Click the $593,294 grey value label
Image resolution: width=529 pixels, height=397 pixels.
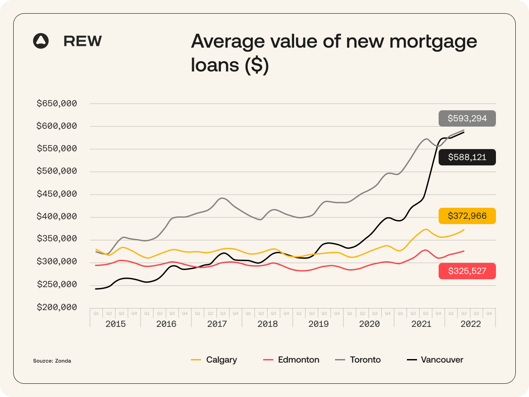[467, 118]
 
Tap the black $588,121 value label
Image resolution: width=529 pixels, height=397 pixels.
[467, 157]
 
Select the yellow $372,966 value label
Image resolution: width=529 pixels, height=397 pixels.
[467, 216]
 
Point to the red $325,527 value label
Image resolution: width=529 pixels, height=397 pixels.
[467, 271]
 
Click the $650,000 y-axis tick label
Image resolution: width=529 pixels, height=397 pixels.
[57, 104]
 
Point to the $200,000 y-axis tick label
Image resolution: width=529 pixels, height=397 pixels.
[57, 307]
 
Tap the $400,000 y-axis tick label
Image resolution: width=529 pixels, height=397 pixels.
[57, 217]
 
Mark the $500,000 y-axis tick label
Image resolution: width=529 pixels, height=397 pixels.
[57, 172]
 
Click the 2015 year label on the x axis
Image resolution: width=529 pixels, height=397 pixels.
[115, 324]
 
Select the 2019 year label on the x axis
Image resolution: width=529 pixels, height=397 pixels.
[318, 324]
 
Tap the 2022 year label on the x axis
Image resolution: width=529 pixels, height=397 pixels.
[470, 324]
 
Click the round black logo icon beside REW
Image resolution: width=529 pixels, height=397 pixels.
[41, 41]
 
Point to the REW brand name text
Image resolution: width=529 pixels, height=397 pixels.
[82, 41]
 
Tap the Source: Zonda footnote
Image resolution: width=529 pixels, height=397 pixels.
[52, 361]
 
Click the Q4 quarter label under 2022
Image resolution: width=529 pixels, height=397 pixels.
[489, 313]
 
